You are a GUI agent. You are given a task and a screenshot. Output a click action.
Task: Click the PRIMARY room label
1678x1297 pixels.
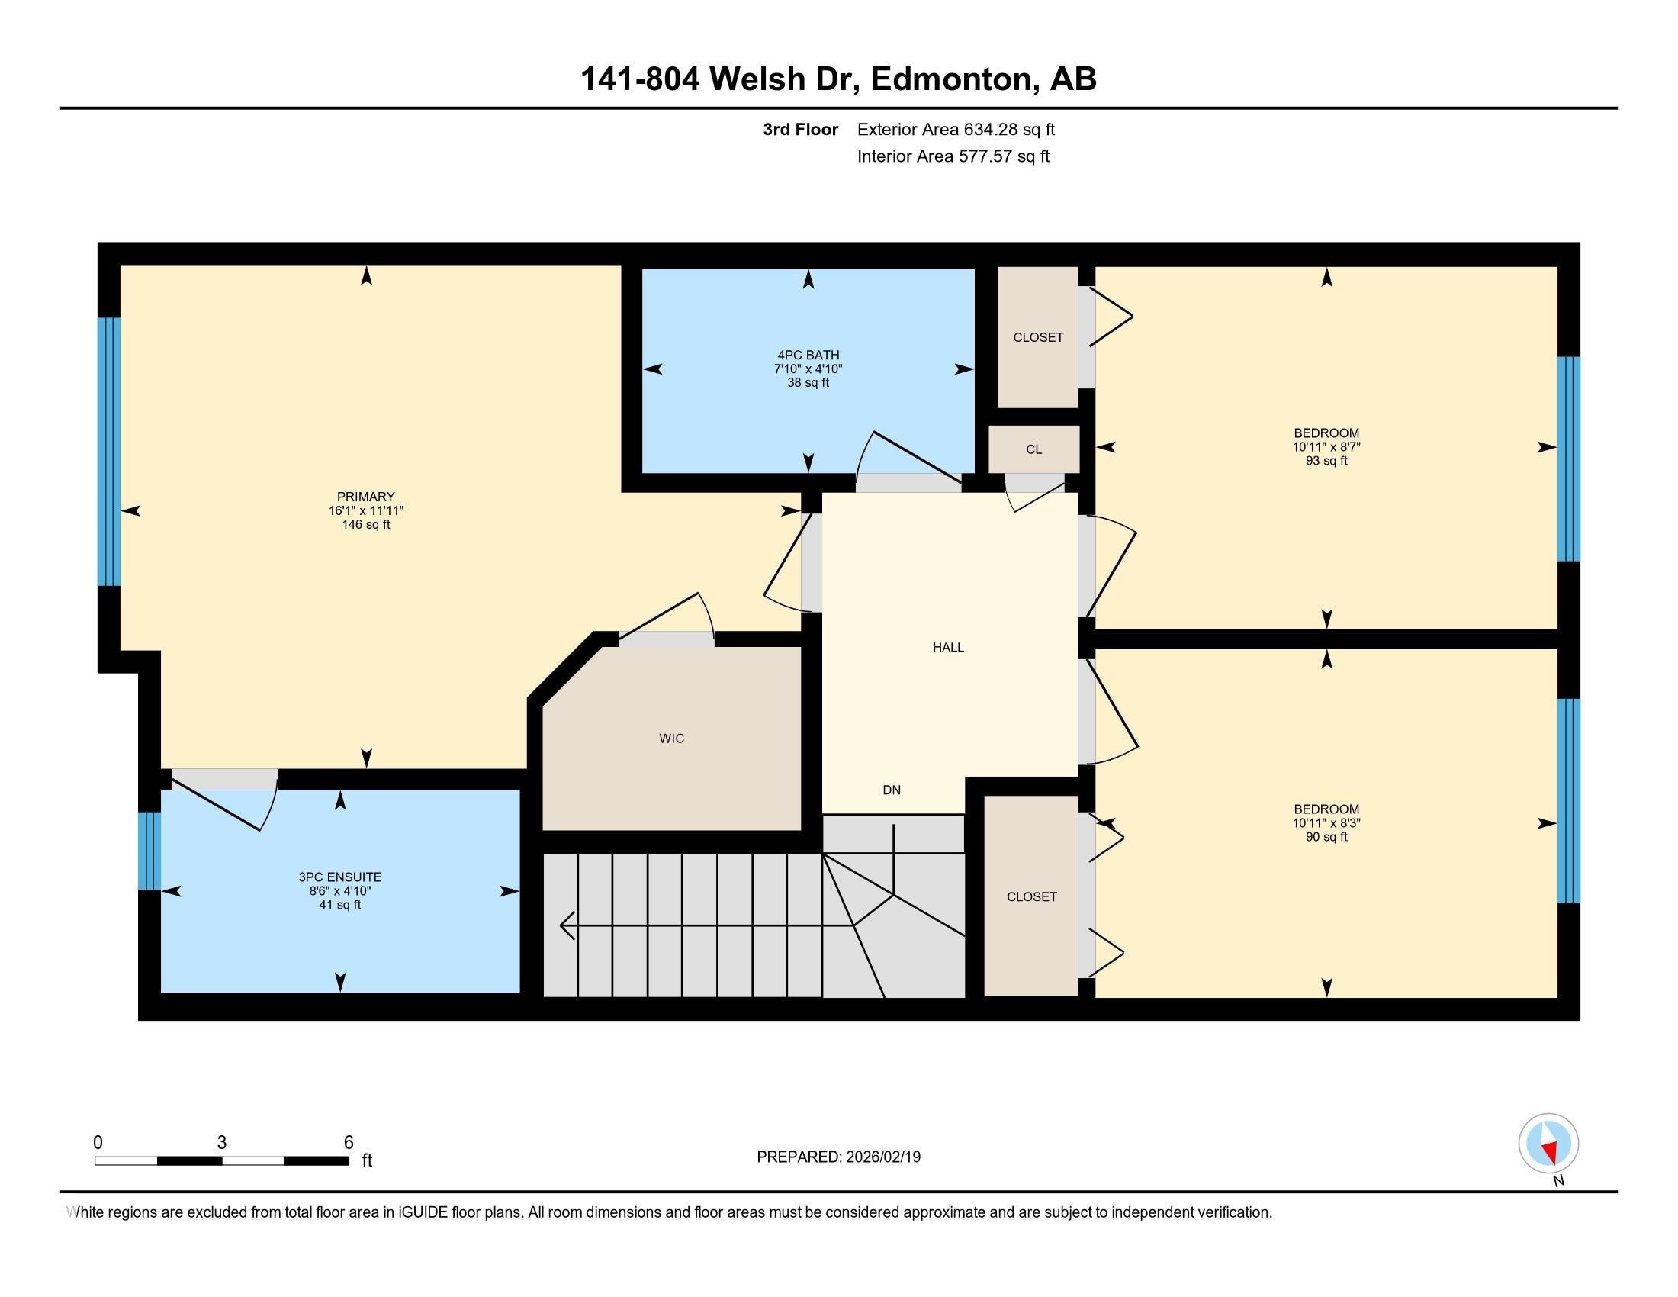click(365, 497)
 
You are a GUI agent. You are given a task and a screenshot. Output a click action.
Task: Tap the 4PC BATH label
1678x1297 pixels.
click(808, 355)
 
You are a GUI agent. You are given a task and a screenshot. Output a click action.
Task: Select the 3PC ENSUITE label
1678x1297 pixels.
click(339, 877)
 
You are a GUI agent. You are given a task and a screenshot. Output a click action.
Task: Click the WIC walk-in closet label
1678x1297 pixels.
click(671, 739)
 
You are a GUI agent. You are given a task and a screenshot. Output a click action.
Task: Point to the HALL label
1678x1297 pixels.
click(948, 647)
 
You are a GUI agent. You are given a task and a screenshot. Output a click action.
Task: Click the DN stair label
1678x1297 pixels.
click(891, 790)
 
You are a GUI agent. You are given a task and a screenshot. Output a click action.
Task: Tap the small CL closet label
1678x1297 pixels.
click(1034, 449)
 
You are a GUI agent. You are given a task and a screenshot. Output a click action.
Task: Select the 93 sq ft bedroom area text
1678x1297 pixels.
click(1326, 461)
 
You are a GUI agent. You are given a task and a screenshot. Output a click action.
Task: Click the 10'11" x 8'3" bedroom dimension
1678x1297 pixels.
click(1326, 823)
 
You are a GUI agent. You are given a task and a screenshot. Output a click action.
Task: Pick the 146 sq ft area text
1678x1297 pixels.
click(365, 525)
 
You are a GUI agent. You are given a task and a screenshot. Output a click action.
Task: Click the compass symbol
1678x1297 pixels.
click(1548, 1143)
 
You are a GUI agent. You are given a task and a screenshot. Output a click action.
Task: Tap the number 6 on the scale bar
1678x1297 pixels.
click(348, 1143)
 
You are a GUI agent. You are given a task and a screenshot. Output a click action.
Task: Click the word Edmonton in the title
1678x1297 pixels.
click(950, 79)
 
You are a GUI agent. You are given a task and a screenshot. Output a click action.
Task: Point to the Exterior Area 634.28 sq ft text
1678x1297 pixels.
click(956, 129)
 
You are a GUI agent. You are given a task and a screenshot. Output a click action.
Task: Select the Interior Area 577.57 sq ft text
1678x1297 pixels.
click(953, 156)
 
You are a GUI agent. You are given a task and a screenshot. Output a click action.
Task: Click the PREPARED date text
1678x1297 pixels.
click(838, 1157)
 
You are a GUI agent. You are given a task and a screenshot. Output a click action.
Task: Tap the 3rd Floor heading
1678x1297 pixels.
click(800, 129)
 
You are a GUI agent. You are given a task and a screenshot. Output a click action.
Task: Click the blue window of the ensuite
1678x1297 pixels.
click(149, 851)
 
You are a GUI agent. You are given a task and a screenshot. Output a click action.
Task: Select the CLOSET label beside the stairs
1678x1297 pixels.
click(1032, 896)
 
